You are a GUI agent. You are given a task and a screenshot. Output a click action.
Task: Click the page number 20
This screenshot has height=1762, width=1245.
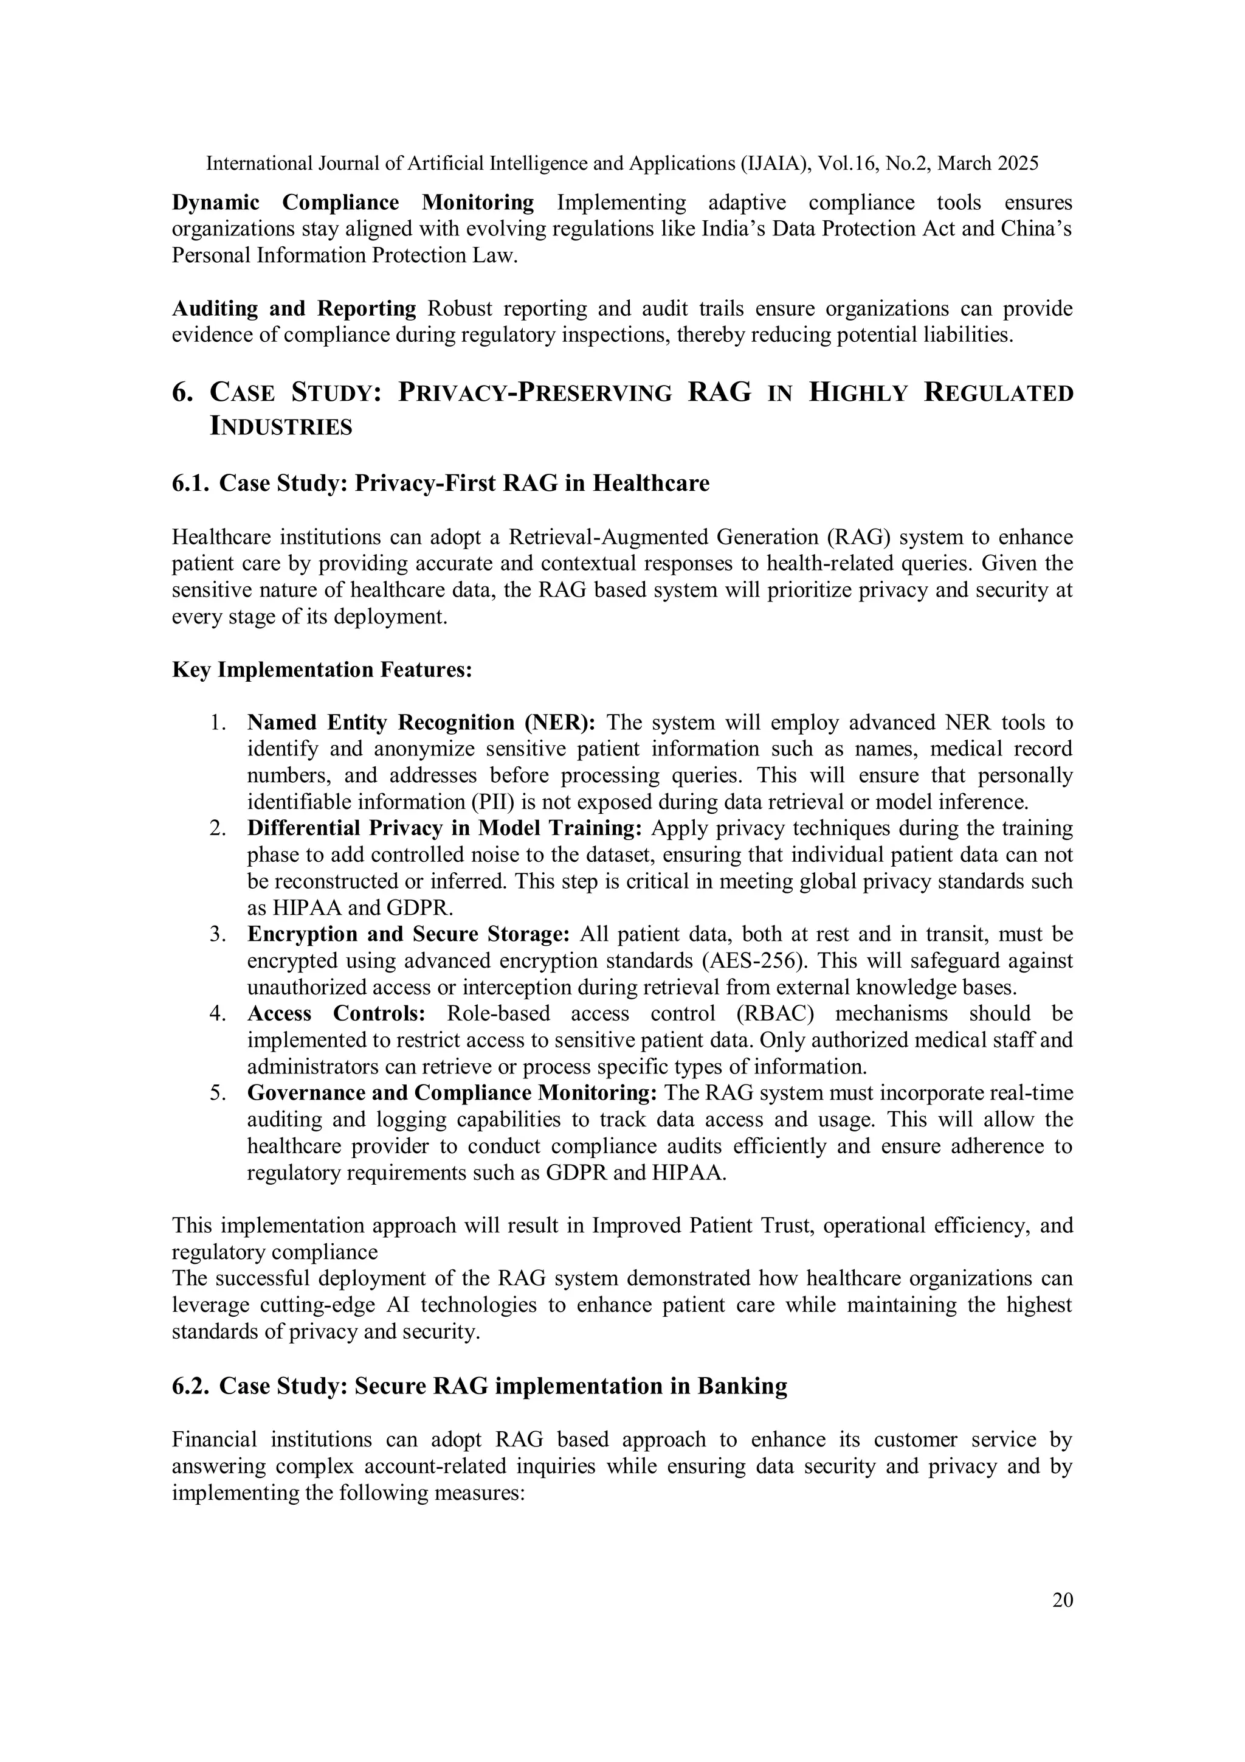(x=1063, y=1600)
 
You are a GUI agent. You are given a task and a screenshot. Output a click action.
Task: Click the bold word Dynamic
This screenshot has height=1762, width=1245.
(x=215, y=203)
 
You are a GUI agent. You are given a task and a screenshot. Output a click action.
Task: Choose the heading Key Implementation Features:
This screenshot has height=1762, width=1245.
(x=322, y=670)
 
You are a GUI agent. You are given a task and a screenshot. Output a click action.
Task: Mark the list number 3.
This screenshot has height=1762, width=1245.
(x=217, y=935)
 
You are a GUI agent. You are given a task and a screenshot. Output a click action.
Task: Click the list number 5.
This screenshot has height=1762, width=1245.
(x=217, y=1093)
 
